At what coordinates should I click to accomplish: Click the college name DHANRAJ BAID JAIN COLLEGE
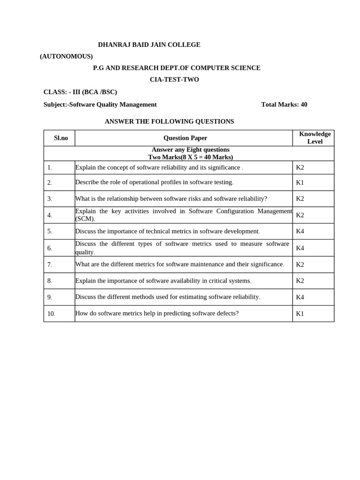click(x=149, y=45)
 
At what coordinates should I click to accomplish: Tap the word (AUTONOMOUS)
click(x=66, y=56)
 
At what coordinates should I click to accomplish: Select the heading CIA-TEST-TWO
click(x=174, y=79)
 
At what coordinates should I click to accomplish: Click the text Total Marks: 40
click(x=284, y=105)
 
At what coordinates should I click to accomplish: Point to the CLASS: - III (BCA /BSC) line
click(x=80, y=92)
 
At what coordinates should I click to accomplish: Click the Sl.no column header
click(x=61, y=138)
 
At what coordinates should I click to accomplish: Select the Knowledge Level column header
click(x=315, y=137)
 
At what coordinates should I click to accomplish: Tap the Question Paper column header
click(x=185, y=138)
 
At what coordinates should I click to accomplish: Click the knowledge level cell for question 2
click(x=300, y=182)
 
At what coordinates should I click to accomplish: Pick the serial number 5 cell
click(x=50, y=231)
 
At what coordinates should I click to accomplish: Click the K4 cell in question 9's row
click(x=300, y=297)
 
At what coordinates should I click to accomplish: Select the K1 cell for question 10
click(x=300, y=314)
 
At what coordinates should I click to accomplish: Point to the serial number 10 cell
click(x=51, y=314)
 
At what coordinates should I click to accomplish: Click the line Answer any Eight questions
click(x=190, y=150)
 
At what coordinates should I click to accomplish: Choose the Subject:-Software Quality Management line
click(x=100, y=105)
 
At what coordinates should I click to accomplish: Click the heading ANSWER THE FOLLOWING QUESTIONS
click(x=169, y=121)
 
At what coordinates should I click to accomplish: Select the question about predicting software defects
click(x=157, y=313)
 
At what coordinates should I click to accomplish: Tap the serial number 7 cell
click(x=50, y=264)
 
